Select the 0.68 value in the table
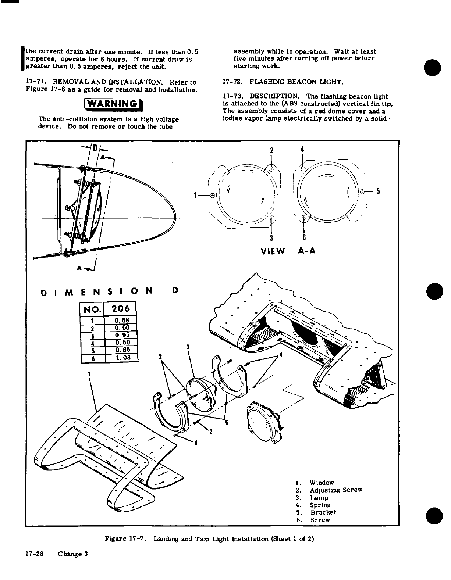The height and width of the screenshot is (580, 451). coord(121,321)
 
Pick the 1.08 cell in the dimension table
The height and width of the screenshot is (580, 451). coord(121,357)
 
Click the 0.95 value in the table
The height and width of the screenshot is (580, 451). coord(121,335)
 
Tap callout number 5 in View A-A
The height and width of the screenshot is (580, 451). coord(378,191)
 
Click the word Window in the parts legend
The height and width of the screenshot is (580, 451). coord(322,483)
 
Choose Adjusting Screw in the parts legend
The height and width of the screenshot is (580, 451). coord(336,490)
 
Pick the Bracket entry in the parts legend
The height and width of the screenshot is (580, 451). coord(323,512)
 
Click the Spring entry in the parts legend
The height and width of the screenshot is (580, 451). coord(320,505)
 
